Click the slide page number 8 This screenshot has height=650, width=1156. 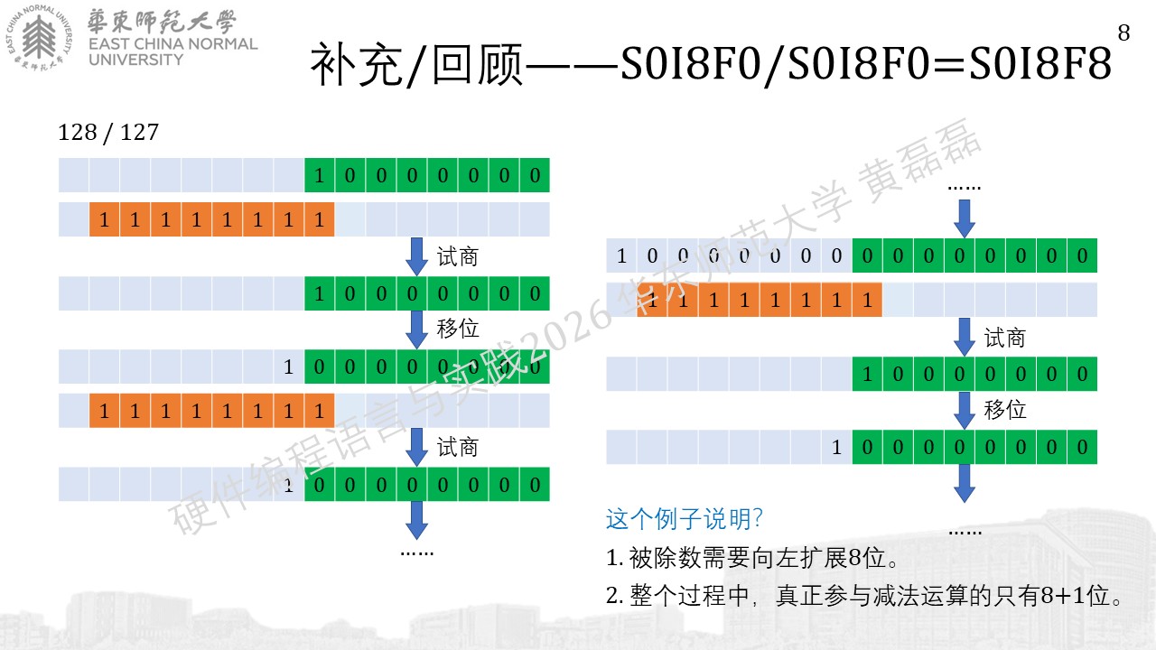click(1123, 33)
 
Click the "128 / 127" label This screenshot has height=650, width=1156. click(108, 133)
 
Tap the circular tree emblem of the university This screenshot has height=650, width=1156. click(39, 38)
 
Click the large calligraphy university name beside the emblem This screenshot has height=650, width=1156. click(162, 23)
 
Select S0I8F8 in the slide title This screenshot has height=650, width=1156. click(1040, 63)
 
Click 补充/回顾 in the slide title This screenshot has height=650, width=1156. click(416, 64)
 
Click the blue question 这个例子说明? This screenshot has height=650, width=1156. click(684, 518)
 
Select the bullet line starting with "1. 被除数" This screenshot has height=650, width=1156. click(752, 558)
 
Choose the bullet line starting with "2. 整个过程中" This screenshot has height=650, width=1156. click(864, 596)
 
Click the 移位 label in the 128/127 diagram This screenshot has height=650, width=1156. click(458, 328)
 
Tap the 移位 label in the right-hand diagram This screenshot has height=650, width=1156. click(1005, 410)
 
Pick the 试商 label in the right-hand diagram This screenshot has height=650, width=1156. click(1005, 339)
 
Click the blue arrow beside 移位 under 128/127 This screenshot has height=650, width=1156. click(416, 330)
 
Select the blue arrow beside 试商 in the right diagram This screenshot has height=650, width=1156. click(964, 337)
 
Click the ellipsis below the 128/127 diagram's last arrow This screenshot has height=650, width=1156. click(417, 553)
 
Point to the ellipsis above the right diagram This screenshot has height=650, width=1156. click(964, 188)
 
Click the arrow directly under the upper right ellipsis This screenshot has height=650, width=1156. click(964, 218)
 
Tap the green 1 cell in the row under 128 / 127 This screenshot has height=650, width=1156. click(320, 175)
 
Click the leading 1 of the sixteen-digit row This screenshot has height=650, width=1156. click(621, 255)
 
